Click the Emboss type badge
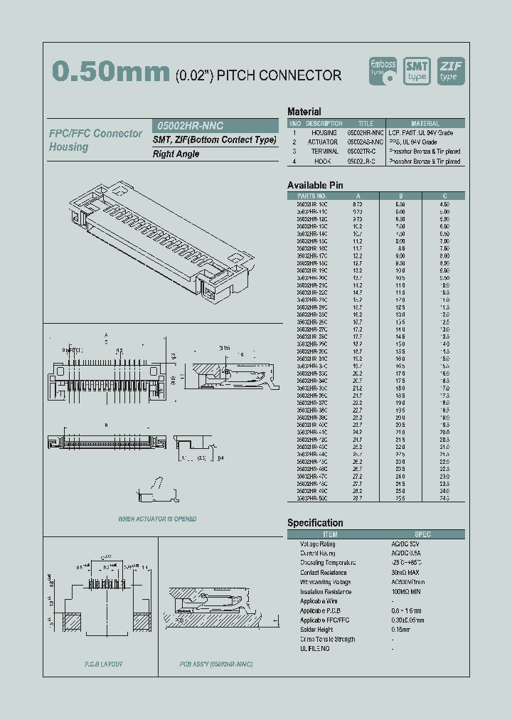(x=385, y=70)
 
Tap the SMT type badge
(x=417, y=70)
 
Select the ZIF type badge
(x=450, y=70)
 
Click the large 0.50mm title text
(x=111, y=73)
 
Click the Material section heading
(x=304, y=112)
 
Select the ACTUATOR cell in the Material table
(x=323, y=142)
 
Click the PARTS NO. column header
(x=311, y=196)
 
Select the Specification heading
(x=315, y=523)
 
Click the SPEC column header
(x=422, y=534)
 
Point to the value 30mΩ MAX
(x=405, y=573)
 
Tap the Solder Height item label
(x=317, y=630)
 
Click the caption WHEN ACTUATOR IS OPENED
(x=157, y=519)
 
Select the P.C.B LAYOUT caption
(x=104, y=665)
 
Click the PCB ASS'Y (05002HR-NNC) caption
(x=216, y=665)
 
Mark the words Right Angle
(x=174, y=154)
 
